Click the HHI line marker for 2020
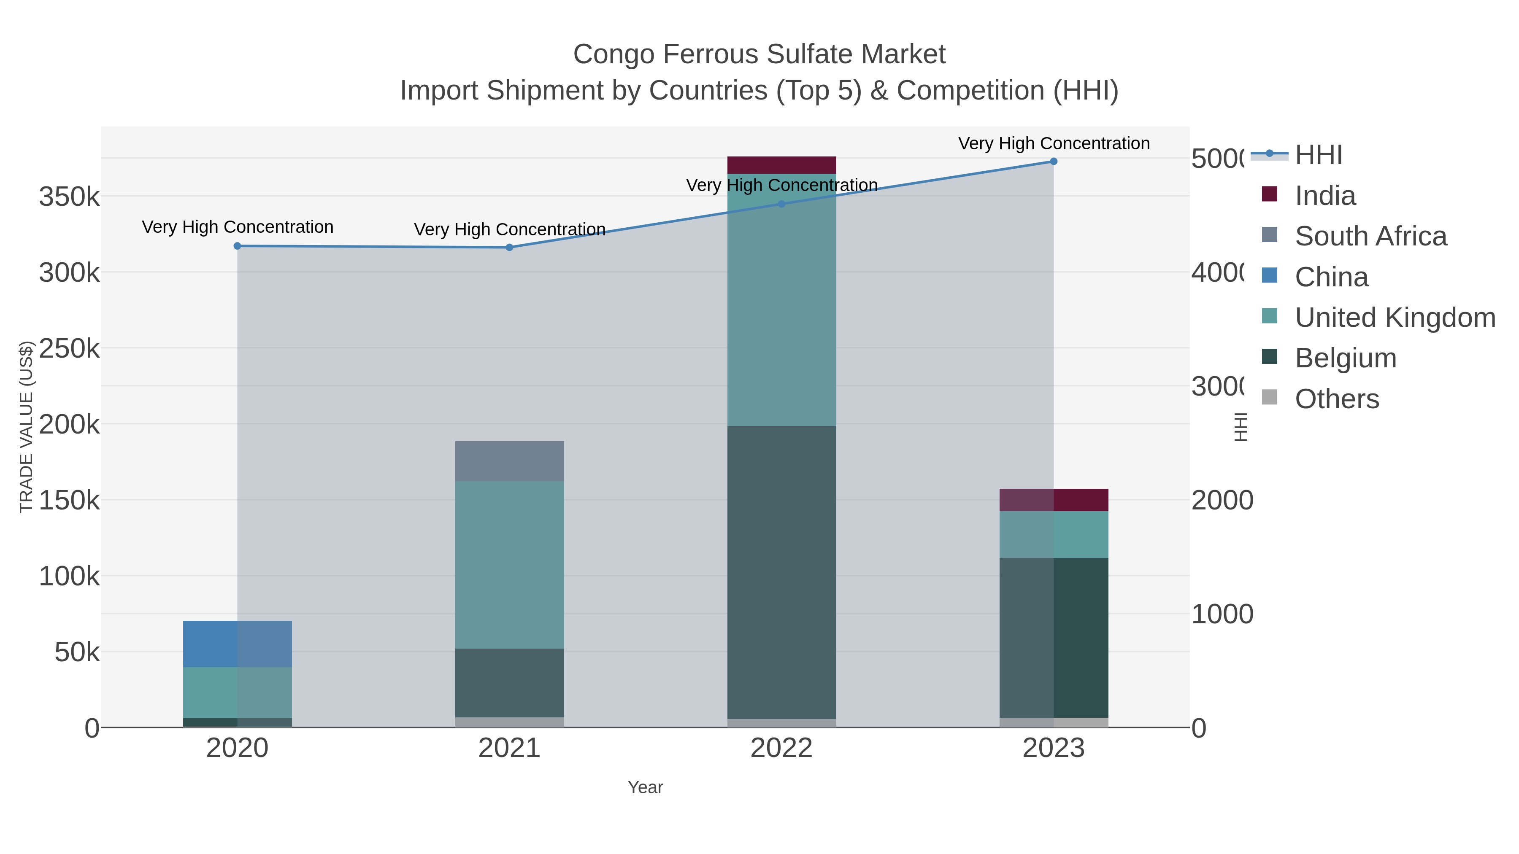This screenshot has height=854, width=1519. pos(238,246)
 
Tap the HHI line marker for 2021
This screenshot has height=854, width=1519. pos(509,248)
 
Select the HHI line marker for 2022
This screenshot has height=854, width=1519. pos(781,204)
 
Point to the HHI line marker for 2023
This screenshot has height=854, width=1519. pos(1054,162)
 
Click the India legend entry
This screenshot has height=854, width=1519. pos(1325,196)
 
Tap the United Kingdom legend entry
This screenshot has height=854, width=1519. pos(1395,318)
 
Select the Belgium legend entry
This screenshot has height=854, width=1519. pos(1346,358)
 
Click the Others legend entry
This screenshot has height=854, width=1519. pos(1337,399)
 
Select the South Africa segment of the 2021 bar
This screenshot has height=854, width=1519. pos(509,461)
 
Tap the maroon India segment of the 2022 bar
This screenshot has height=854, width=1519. pos(781,165)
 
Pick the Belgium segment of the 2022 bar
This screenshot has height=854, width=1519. pos(781,572)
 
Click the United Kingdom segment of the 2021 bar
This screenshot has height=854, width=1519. pos(509,565)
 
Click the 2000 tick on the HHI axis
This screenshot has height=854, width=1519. pos(1222,500)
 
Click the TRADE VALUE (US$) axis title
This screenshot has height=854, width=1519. pos(27,427)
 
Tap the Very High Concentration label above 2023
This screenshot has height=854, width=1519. pos(1054,143)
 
